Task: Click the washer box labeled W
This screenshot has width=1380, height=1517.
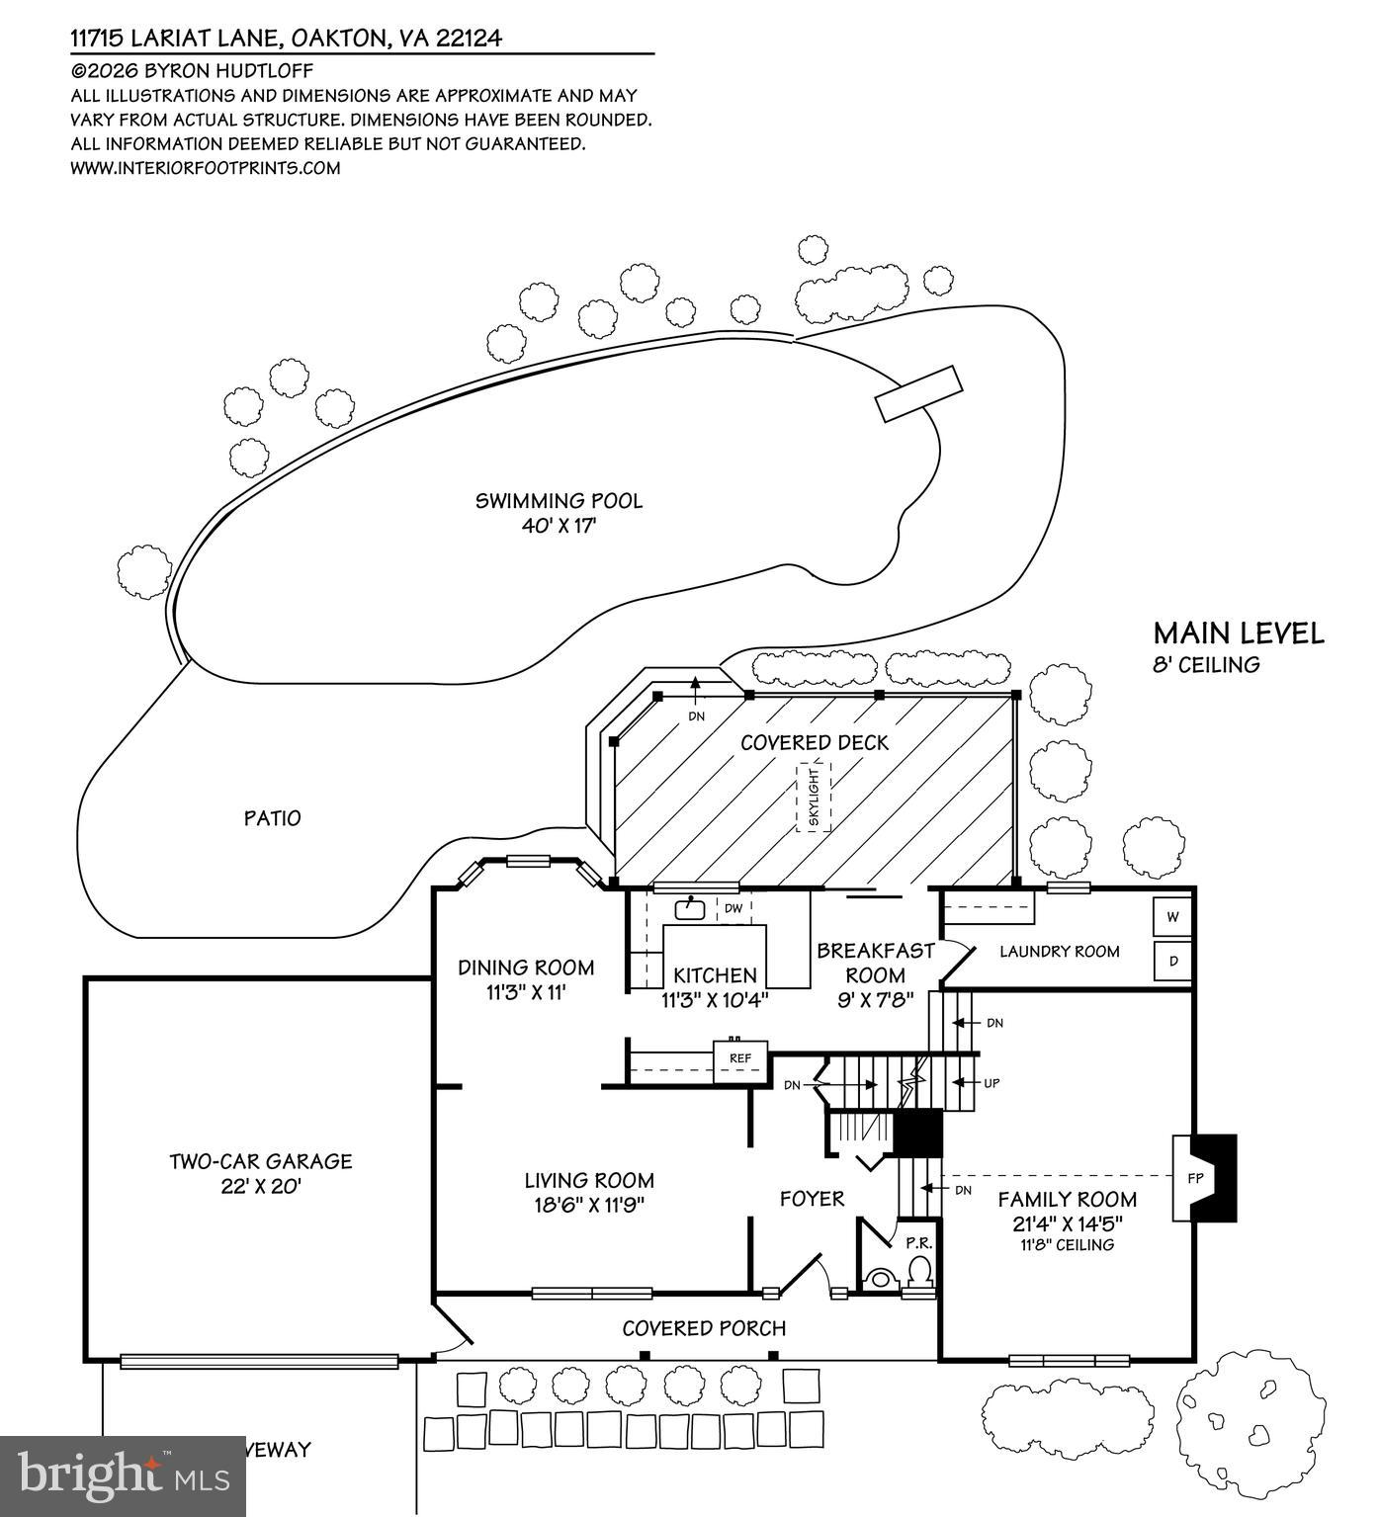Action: point(1173,917)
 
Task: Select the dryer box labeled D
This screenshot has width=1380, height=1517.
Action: point(1173,960)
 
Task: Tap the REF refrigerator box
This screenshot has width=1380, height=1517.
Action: point(740,1058)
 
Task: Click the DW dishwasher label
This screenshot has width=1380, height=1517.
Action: point(733,908)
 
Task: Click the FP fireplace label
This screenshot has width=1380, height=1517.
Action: point(1193,1179)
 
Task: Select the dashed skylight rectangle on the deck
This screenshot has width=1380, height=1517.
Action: point(814,797)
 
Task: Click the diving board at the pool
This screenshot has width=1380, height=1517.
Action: point(917,393)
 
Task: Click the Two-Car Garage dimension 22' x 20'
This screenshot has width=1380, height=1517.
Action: point(260,1186)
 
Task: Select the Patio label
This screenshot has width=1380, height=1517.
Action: point(272,818)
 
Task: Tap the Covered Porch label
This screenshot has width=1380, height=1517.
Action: point(704,1328)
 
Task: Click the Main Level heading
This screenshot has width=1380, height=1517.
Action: point(1238,633)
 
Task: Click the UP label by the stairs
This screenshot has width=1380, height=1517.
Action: point(992,1083)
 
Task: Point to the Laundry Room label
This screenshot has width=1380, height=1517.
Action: point(1059,952)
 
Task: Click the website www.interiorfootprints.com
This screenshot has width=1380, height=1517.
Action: point(206,168)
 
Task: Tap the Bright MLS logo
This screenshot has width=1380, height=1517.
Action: point(123,1475)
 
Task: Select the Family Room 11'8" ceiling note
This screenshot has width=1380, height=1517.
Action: point(1067,1245)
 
